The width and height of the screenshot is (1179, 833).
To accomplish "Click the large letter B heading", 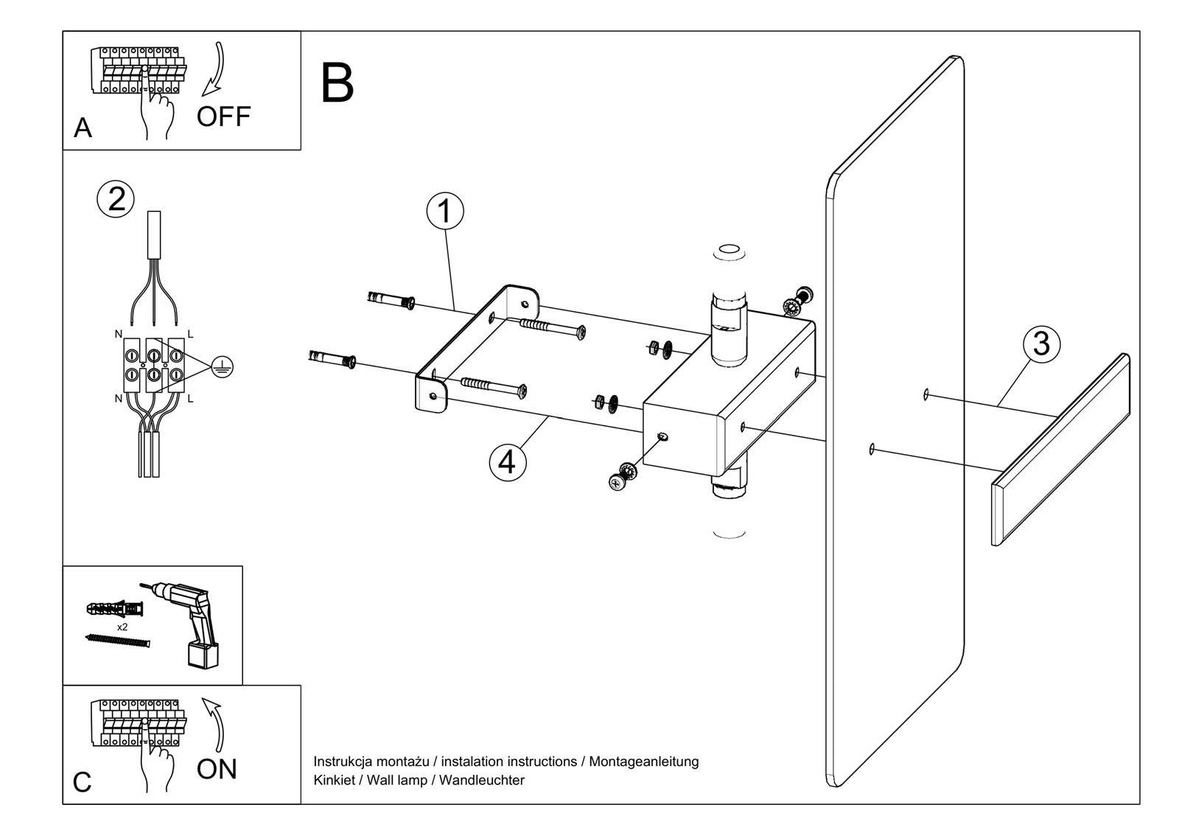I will (x=337, y=83).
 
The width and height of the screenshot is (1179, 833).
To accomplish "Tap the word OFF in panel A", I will (x=223, y=116).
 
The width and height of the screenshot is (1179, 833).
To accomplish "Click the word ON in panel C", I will (x=217, y=769).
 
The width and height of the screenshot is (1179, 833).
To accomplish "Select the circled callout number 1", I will (x=445, y=211).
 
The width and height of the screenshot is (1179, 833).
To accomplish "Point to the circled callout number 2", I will (x=116, y=200).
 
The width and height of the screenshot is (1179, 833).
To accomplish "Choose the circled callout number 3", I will (x=1041, y=344).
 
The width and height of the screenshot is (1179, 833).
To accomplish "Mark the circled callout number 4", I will (x=508, y=462).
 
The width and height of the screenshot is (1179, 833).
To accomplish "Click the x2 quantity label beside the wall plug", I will (x=122, y=627).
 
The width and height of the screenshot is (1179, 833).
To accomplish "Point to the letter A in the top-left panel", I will (x=83, y=128).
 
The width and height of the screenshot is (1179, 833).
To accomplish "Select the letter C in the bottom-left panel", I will (x=83, y=782).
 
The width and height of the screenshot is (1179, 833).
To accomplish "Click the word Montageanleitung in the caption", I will (x=643, y=761).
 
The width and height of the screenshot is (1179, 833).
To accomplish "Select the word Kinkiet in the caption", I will (x=333, y=780).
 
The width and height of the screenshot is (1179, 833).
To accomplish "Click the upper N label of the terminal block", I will (x=118, y=334).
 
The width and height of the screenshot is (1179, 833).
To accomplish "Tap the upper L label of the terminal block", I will (x=190, y=334).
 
